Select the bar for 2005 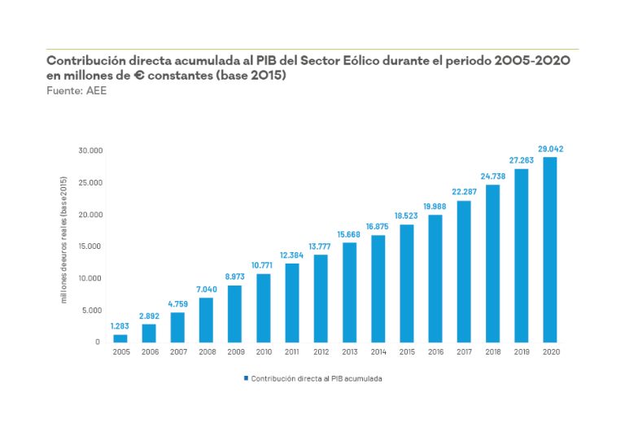(x=120, y=338)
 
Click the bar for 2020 (x=550, y=249)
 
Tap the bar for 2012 (x=321, y=298)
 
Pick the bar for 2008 (x=206, y=320)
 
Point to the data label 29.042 (x=550, y=149)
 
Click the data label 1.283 (x=120, y=326)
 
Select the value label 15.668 (x=349, y=235)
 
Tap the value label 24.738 (x=493, y=177)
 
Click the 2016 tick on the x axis (x=435, y=351)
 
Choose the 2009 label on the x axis (x=234, y=351)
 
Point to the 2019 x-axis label (x=522, y=351)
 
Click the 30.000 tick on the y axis (x=90, y=150)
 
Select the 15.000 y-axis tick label (x=90, y=246)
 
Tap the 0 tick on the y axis (x=97, y=342)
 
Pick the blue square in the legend (x=246, y=378)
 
